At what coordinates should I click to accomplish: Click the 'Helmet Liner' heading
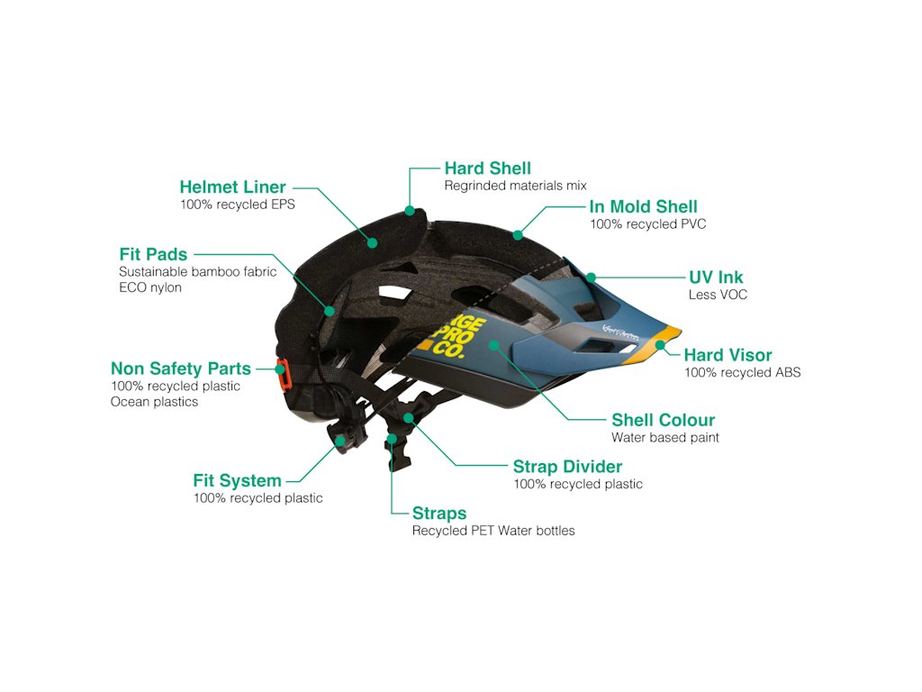coord(232,187)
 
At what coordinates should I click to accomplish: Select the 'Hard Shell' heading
coord(488,168)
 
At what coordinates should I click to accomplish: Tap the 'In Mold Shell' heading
coord(643,207)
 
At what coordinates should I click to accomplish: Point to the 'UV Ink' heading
coord(716,278)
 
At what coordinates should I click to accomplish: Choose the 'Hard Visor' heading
coord(728,355)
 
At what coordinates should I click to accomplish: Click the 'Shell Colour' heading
coord(663,420)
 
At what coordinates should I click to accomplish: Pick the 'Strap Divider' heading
coord(567,467)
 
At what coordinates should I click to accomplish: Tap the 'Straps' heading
coord(439,514)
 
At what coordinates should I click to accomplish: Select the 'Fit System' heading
coord(237,480)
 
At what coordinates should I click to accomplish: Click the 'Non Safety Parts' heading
coord(181,369)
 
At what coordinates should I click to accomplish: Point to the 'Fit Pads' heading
coord(153,254)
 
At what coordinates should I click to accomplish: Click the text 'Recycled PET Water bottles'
coord(493,531)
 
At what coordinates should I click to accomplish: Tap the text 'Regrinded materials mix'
coord(515,186)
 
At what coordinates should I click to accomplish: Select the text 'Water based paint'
coord(665,438)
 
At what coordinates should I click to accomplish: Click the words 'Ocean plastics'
coord(154,402)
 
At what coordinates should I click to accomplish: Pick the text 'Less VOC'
coord(718,295)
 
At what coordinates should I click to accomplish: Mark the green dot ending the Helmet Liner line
coord(371,241)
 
